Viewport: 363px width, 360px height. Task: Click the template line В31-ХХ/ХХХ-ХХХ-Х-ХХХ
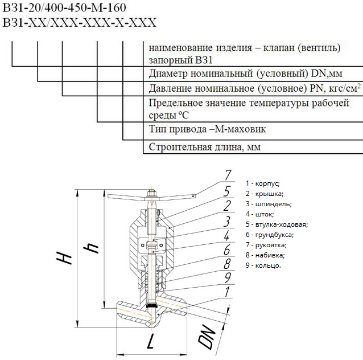click(x=79, y=23)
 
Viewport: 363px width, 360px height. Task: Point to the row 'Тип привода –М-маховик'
click(x=207, y=129)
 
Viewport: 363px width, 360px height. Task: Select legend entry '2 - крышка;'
click(x=265, y=194)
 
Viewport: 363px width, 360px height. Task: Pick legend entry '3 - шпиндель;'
click(x=269, y=204)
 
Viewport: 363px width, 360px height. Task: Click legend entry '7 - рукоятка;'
click(x=266, y=245)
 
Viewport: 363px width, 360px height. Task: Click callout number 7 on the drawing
click(x=227, y=175)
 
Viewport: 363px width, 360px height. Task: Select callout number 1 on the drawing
click(x=227, y=292)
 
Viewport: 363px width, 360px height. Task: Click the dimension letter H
click(x=66, y=258)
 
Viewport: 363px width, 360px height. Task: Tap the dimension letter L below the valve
click(x=151, y=342)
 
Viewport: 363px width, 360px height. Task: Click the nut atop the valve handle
click(x=151, y=193)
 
